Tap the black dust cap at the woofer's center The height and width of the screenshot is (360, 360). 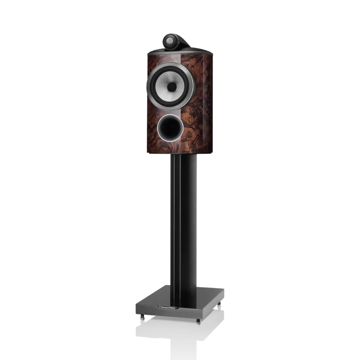click(171, 86)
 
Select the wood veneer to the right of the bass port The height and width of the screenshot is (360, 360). click(197, 130)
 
